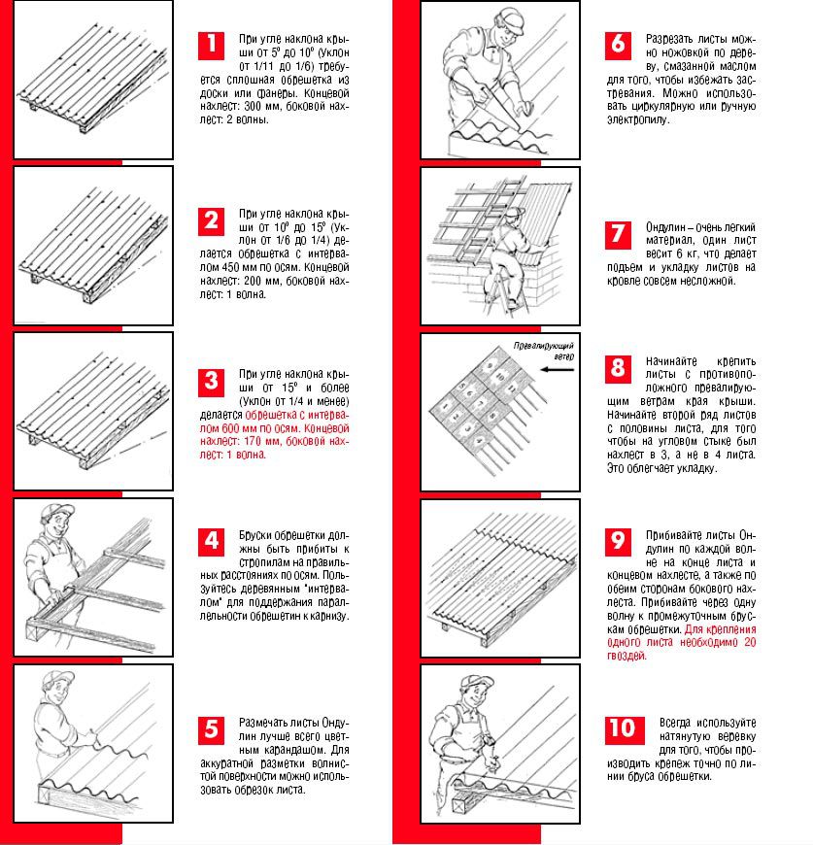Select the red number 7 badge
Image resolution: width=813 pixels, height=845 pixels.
(618, 234)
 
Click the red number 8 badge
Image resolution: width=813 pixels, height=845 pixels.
(618, 368)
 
